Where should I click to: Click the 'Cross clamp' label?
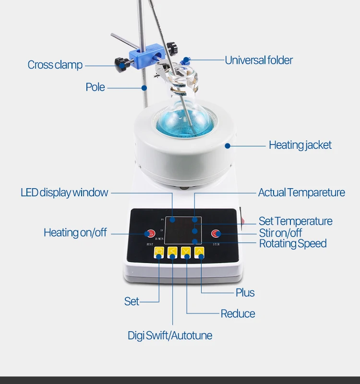55,65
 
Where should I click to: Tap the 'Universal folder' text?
259,60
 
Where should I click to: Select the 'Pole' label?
95,87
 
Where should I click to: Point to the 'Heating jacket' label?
300,144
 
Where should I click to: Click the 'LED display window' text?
64,192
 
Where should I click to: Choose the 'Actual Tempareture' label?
301,192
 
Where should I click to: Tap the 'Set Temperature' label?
295,221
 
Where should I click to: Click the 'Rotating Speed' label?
293,243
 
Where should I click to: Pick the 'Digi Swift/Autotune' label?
170,335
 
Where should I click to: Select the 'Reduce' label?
238,314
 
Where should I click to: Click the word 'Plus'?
245,292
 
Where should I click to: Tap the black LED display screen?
183,231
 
